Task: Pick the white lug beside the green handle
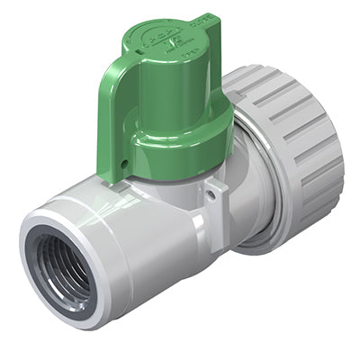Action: [213, 202]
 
